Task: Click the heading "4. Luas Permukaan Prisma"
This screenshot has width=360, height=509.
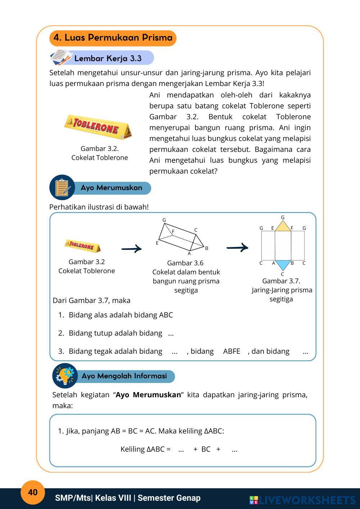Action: pos(113,38)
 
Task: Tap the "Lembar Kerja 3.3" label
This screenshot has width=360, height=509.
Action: pos(108,58)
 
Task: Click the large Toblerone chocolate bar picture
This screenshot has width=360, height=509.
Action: pos(98,127)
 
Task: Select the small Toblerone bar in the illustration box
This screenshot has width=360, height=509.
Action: pos(83,246)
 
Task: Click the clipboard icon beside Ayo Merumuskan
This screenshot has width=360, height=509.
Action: pos(62,188)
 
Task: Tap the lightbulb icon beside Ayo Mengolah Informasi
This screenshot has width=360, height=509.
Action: pos(65,375)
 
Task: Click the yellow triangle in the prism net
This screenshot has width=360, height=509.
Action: pos(283,226)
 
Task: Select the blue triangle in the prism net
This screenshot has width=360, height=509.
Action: pos(282,265)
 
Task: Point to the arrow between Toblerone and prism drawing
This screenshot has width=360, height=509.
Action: pos(131,248)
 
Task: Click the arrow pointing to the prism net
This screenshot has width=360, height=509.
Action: pos(237,247)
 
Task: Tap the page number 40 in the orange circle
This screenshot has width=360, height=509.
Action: pos(33,492)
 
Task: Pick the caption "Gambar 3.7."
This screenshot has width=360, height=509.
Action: pos(281,281)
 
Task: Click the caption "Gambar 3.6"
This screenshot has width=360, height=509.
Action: pos(185,263)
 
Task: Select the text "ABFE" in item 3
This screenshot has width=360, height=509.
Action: pos(231,351)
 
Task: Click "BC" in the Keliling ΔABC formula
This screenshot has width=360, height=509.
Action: pos(206,449)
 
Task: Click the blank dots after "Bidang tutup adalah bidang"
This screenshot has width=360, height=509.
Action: pos(171,333)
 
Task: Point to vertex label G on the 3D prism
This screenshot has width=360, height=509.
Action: pos(164,220)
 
